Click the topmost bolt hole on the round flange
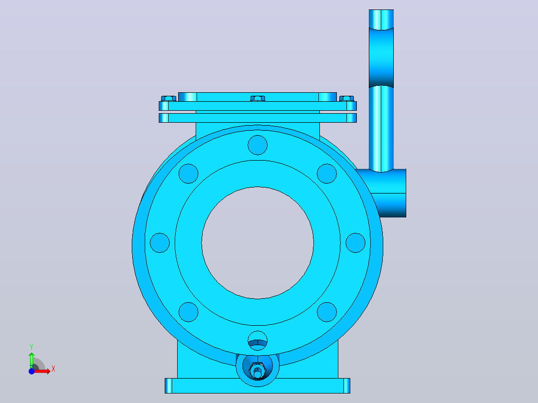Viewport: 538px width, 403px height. coord(258,145)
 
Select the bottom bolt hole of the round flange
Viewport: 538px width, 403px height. coord(258,341)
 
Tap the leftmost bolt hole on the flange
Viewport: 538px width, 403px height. coord(160,243)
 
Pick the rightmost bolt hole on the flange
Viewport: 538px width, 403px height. coord(355,243)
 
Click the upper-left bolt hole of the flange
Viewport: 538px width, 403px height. coord(188,174)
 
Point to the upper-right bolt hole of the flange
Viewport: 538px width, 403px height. coord(327,174)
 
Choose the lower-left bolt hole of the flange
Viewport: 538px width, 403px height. coord(188,312)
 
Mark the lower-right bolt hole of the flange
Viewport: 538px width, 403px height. coord(327,312)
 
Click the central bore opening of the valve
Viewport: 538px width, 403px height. coord(258,243)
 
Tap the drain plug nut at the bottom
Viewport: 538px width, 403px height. coord(258,370)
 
